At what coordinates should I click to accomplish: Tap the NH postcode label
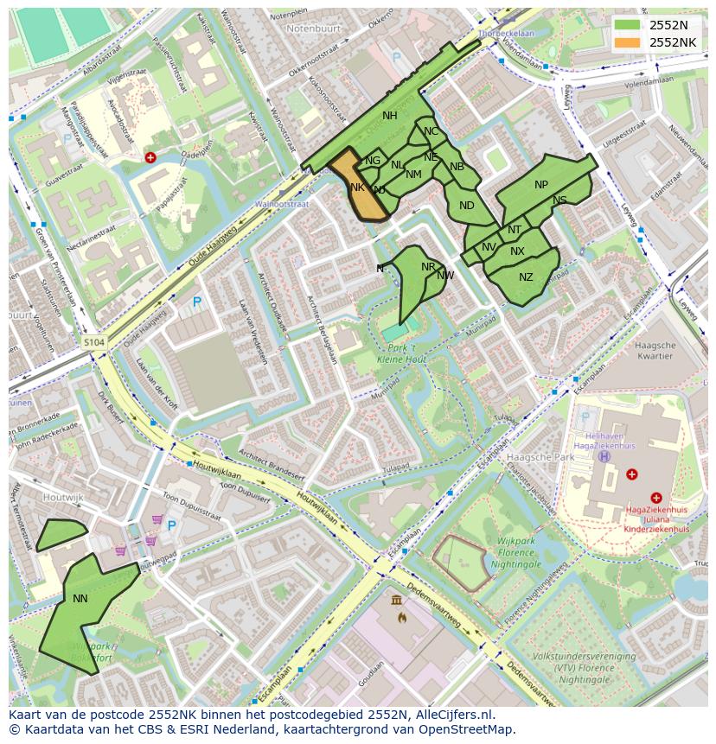click(390, 116)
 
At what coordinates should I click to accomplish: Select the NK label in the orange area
click(357, 187)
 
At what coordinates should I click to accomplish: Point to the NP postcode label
click(541, 184)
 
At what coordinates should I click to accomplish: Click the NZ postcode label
click(526, 277)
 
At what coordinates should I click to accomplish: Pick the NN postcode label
click(80, 598)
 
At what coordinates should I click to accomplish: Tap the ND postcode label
click(467, 206)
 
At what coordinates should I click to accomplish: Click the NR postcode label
click(428, 267)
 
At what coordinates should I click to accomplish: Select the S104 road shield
click(94, 343)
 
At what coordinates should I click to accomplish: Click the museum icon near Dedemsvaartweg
click(396, 601)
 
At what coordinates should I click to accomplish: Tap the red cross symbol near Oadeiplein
click(150, 157)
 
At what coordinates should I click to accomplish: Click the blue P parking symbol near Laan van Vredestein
click(197, 302)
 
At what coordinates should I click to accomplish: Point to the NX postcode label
click(517, 251)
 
